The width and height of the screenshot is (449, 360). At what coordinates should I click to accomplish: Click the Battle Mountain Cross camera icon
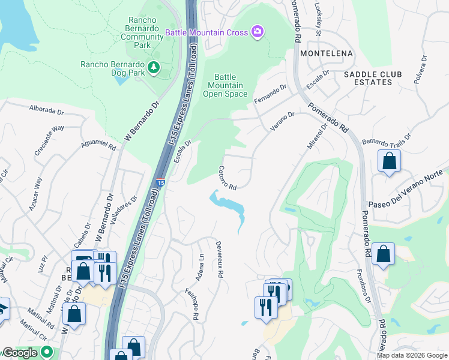point(258,32)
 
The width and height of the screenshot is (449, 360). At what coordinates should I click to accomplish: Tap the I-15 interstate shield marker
point(160,181)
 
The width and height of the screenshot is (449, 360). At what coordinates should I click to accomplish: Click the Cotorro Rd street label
point(227,178)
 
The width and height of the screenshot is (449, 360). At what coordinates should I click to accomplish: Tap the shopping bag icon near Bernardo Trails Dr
point(389,161)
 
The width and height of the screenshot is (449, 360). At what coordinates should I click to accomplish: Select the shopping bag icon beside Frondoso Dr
point(382,254)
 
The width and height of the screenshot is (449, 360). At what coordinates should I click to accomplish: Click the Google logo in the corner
point(20,353)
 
